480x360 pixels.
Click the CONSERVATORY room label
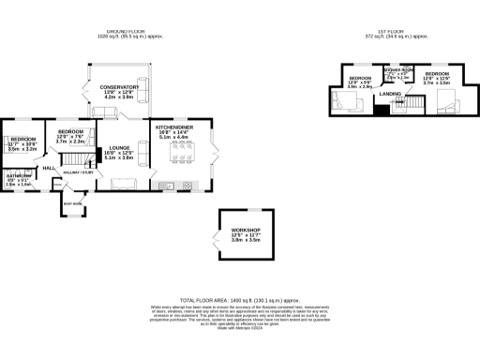click(x=119, y=87)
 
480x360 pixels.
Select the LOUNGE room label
click(x=119, y=147)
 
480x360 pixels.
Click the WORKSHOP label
click(x=247, y=231)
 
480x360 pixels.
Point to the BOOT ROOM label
click(x=70, y=202)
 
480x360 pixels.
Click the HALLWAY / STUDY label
click(x=77, y=172)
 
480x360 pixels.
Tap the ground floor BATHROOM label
click(x=20, y=176)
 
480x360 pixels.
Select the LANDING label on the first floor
click(x=391, y=92)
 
